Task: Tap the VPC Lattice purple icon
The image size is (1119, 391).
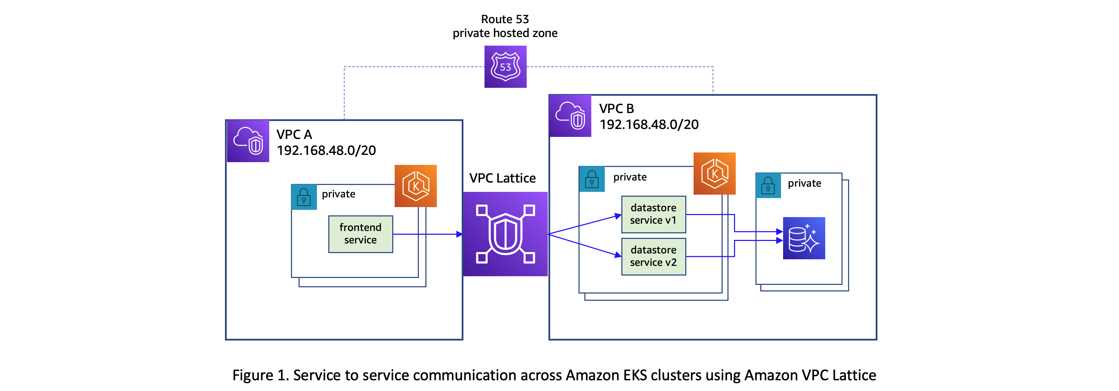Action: coord(505,234)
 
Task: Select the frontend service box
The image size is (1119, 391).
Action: coord(360,234)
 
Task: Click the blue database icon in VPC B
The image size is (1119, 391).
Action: coord(803,238)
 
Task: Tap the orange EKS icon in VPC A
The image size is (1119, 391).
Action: coord(415,186)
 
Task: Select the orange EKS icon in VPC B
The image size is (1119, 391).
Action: coord(714,173)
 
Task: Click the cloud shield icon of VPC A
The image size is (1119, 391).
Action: coord(248,141)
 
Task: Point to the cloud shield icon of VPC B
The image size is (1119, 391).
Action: coord(570,115)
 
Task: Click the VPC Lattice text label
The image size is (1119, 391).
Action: coord(502,178)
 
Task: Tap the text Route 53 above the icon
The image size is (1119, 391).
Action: coord(505,19)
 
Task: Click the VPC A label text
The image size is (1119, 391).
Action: coord(294,134)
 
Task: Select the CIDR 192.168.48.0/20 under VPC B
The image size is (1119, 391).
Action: coord(649,125)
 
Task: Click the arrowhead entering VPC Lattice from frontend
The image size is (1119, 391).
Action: coord(460,234)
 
